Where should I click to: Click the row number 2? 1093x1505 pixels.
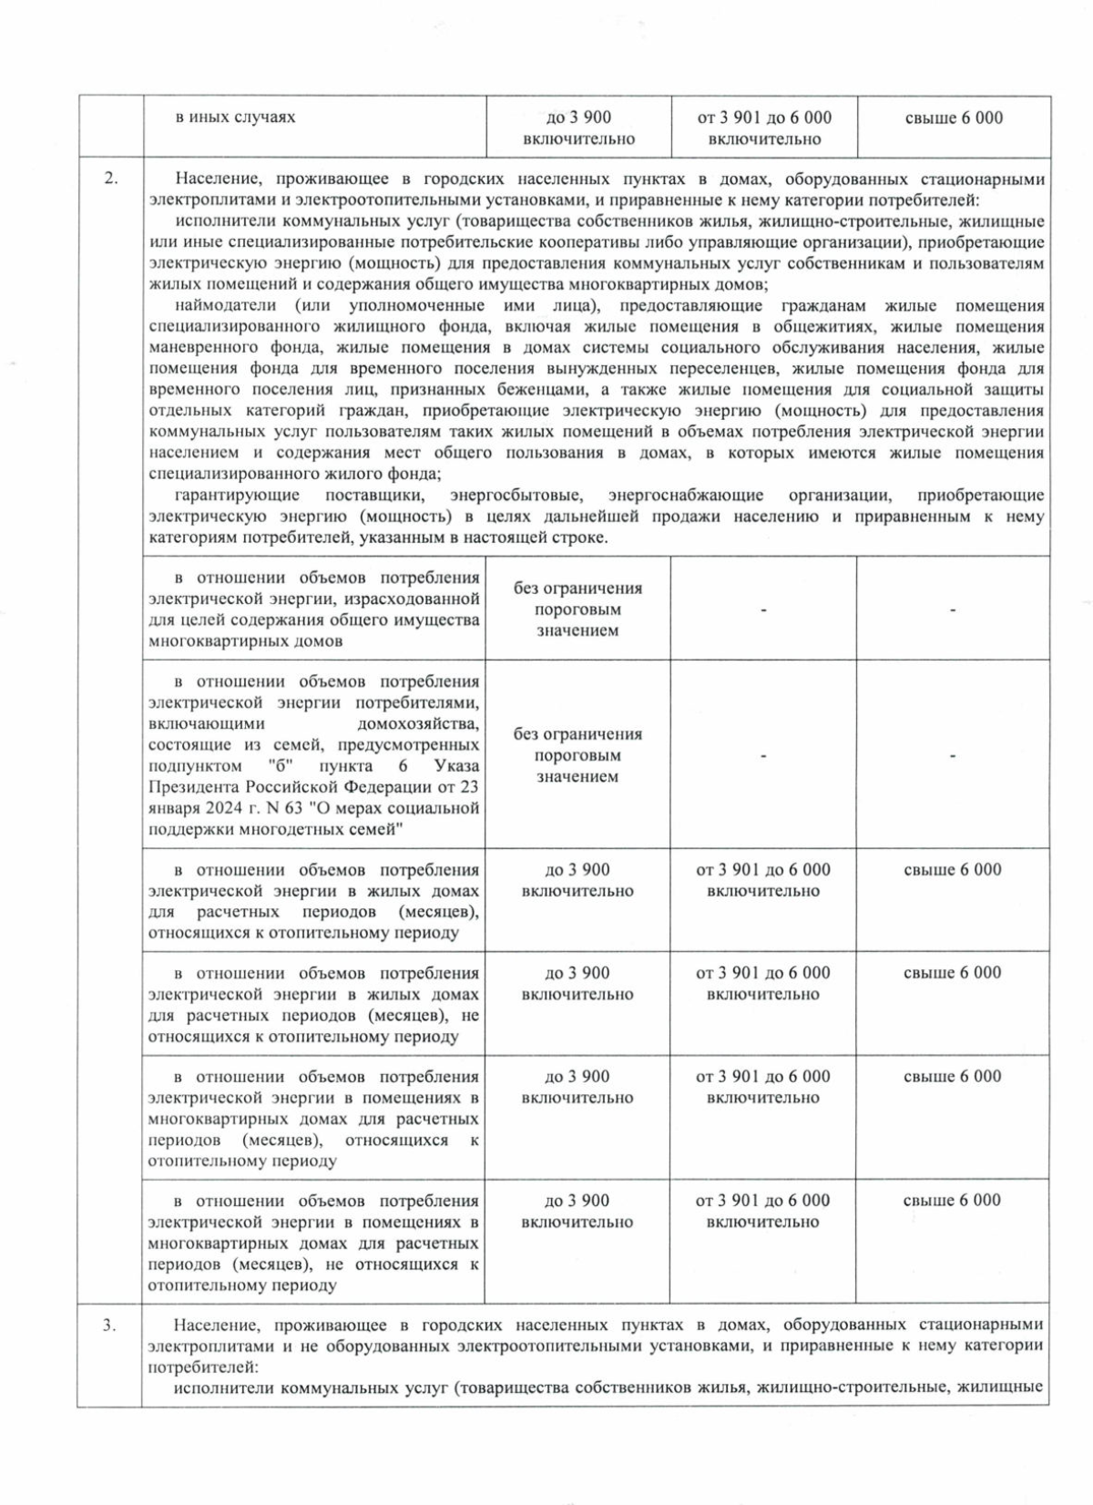click(x=109, y=179)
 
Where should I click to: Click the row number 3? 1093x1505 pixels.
click(x=109, y=1325)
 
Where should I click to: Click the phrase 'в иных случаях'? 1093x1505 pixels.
click(x=235, y=118)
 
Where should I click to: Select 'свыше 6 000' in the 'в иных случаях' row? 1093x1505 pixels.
click(x=954, y=118)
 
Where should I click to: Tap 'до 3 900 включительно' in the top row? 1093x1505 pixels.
click(x=577, y=128)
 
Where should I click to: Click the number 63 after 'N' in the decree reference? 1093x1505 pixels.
click(x=294, y=808)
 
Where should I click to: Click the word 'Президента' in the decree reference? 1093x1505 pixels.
click(x=195, y=787)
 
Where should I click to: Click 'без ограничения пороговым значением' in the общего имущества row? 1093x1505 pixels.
click(x=577, y=609)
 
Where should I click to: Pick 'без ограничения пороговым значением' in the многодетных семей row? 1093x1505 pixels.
click(x=577, y=755)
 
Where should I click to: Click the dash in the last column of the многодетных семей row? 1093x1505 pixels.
click(x=953, y=756)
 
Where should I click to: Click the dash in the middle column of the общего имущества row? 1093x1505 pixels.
click(x=763, y=609)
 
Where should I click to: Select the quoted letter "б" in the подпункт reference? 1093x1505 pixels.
click(x=300, y=766)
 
